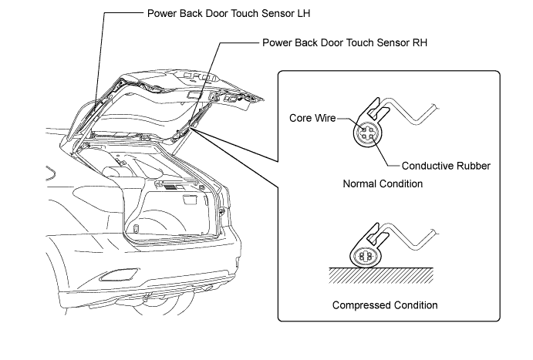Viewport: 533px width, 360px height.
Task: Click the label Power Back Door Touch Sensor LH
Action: tap(228, 14)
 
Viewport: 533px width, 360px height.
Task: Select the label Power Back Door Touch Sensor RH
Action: tap(345, 43)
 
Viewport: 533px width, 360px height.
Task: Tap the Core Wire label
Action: tap(312, 118)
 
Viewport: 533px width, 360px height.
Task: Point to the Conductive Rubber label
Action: tap(446, 166)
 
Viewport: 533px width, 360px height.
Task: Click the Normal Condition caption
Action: tap(383, 183)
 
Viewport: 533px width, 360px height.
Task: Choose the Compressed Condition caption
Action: tap(385, 305)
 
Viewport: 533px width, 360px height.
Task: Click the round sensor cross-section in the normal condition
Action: tap(368, 133)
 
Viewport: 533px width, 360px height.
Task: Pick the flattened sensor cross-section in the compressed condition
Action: tap(366, 256)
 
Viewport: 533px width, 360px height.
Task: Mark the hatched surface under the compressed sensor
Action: tap(381, 275)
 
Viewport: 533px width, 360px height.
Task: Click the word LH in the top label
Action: tap(304, 14)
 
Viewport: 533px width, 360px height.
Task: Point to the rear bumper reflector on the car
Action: tap(118, 274)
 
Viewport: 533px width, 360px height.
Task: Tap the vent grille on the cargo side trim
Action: tap(173, 187)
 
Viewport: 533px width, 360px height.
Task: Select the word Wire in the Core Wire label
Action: tap(325, 118)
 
